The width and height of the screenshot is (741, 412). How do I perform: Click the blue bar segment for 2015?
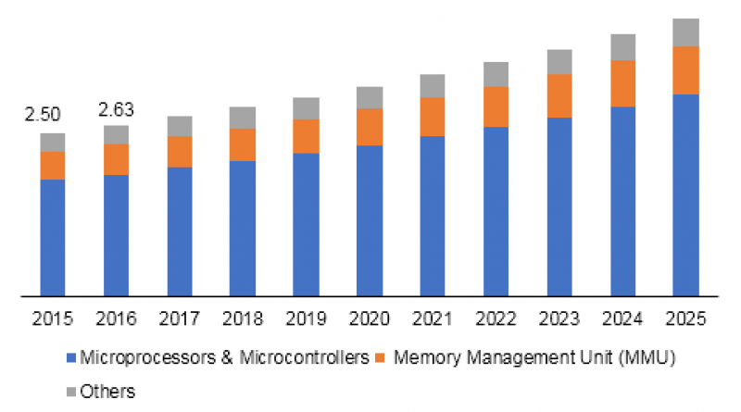53,237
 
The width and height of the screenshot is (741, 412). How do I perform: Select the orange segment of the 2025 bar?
684,69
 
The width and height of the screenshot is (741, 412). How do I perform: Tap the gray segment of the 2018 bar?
243,118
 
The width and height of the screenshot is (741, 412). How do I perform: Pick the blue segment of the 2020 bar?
369,220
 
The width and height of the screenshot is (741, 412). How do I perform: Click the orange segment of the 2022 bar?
496,106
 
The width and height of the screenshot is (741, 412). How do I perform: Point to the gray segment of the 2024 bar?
622,47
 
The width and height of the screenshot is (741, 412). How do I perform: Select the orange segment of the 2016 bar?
116,159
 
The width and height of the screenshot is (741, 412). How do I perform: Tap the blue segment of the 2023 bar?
559,206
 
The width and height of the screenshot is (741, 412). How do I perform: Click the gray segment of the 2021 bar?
432,86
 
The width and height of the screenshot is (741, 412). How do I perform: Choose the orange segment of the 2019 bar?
306,136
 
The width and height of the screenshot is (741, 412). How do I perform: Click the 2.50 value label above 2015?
42,116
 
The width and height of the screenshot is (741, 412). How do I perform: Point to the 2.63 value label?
117,110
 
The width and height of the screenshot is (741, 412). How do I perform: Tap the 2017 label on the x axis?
180,319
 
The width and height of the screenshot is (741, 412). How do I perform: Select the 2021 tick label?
432,319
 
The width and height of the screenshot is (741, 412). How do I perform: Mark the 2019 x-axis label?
306,319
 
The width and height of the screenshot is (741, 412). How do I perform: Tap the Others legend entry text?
107,391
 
